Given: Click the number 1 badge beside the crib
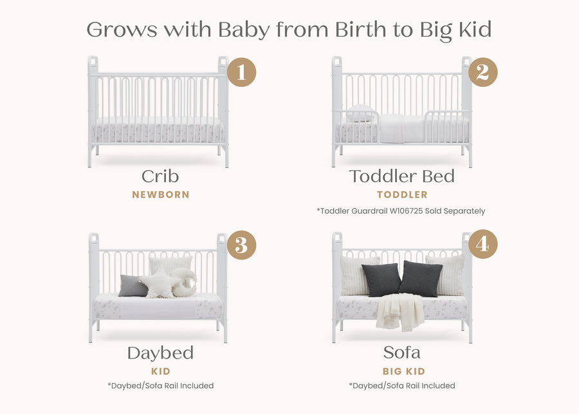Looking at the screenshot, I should click(x=241, y=72).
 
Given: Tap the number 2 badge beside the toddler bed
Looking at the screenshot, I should click(x=482, y=72).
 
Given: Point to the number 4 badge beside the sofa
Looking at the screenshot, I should click(x=482, y=245).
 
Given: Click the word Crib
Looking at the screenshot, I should click(x=161, y=176).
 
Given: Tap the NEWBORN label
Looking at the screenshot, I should click(x=161, y=194).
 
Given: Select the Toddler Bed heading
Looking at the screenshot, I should click(x=401, y=176).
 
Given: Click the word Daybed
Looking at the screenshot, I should click(x=160, y=353).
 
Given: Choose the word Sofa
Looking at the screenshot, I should click(x=401, y=353).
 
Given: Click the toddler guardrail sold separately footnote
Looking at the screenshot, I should click(x=401, y=211).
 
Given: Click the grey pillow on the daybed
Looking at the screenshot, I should click(x=133, y=286).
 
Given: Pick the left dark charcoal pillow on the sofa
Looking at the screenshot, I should click(x=381, y=279).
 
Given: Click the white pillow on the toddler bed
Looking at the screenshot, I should click(x=360, y=115).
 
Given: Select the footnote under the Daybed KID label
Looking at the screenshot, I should click(x=160, y=386).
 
